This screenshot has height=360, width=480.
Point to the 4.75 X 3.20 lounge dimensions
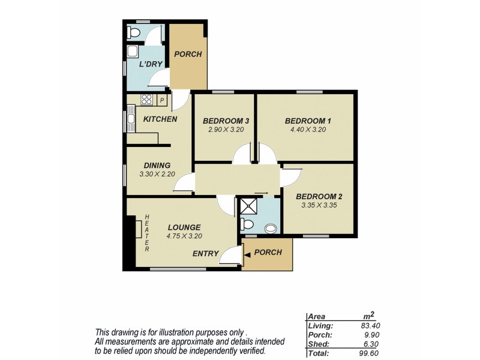(x=185, y=236)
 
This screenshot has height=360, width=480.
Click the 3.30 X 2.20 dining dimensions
(x=156, y=175)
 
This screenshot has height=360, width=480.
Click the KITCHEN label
(x=160, y=119)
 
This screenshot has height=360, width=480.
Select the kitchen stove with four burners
(x=146, y=100)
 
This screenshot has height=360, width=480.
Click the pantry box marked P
(x=161, y=100)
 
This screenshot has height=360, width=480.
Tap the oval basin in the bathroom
(x=271, y=228)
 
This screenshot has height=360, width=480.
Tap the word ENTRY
(x=205, y=254)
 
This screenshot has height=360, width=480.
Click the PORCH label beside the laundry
(x=188, y=55)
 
